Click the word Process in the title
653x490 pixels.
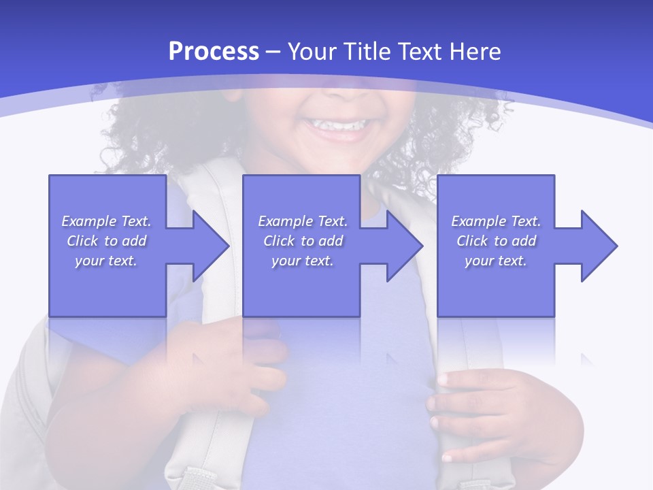coord(214,52)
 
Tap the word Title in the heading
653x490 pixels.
coord(366,52)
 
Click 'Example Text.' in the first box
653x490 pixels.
coord(107,221)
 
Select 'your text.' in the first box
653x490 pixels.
coord(107,261)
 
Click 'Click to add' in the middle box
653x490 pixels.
coord(303,241)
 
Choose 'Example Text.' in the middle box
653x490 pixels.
coord(303,221)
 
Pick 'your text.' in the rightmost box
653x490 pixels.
coord(496,261)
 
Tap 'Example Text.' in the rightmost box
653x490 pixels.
coord(496,221)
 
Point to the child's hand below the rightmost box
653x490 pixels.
coord(490,408)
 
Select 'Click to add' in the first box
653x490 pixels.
coord(107,241)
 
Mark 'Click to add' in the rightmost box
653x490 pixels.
coord(496,241)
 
